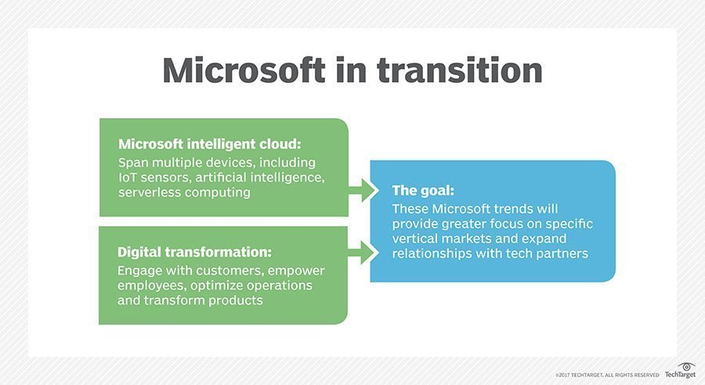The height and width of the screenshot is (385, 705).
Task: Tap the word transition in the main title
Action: coord(459,70)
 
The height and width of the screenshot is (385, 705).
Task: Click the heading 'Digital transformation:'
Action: coord(194,252)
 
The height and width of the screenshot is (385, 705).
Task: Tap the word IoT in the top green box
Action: coord(128,178)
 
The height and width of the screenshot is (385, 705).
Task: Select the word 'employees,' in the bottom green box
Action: coord(148,286)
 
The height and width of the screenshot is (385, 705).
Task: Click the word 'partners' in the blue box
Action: coord(562,254)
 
